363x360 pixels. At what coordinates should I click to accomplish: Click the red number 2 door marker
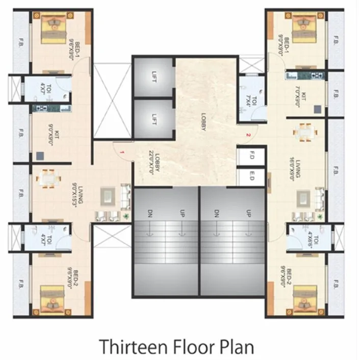[248, 135]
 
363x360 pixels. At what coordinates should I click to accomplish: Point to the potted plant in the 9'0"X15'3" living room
[125, 216]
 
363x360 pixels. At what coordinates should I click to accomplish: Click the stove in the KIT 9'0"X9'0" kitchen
[41, 108]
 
